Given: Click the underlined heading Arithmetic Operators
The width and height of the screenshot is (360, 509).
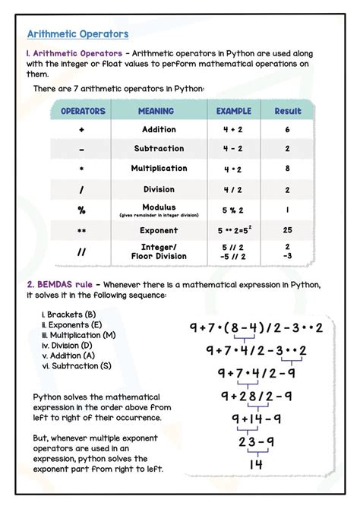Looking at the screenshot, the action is [77, 34].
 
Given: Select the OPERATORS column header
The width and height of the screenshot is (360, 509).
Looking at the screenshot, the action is [82, 111].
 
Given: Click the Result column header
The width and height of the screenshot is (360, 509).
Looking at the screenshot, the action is [288, 111].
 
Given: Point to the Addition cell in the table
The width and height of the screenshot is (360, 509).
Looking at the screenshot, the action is [159, 130].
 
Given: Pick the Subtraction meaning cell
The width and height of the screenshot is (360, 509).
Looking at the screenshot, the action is [159, 149].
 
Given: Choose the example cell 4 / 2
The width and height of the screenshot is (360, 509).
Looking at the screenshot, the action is [232, 189].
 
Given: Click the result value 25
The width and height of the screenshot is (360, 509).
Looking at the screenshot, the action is [288, 229].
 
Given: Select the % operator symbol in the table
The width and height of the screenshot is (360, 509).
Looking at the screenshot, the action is [81, 209].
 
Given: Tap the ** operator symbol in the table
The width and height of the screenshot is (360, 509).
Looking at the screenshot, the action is [81, 229].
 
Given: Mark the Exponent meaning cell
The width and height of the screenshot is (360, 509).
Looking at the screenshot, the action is [159, 229].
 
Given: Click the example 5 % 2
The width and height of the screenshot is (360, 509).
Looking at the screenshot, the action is [232, 208].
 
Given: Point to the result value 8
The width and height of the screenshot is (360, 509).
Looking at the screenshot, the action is [288, 169].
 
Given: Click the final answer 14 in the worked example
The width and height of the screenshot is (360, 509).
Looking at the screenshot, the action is [255, 463].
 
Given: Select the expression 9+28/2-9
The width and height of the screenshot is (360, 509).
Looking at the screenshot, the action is [256, 396].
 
